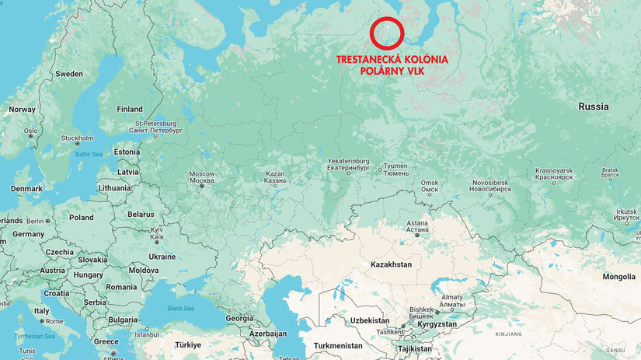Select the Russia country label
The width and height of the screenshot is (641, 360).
[x=593, y=107]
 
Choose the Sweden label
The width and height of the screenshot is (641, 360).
[x=68, y=74]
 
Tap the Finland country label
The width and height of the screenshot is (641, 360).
[x=129, y=109]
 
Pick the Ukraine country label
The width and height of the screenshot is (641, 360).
[x=162, y=256]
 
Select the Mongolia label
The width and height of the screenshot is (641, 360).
[x=618, y=277]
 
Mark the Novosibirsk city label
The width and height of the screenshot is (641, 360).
[x=491, y=185]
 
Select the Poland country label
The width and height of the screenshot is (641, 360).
[x=81, y=218]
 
